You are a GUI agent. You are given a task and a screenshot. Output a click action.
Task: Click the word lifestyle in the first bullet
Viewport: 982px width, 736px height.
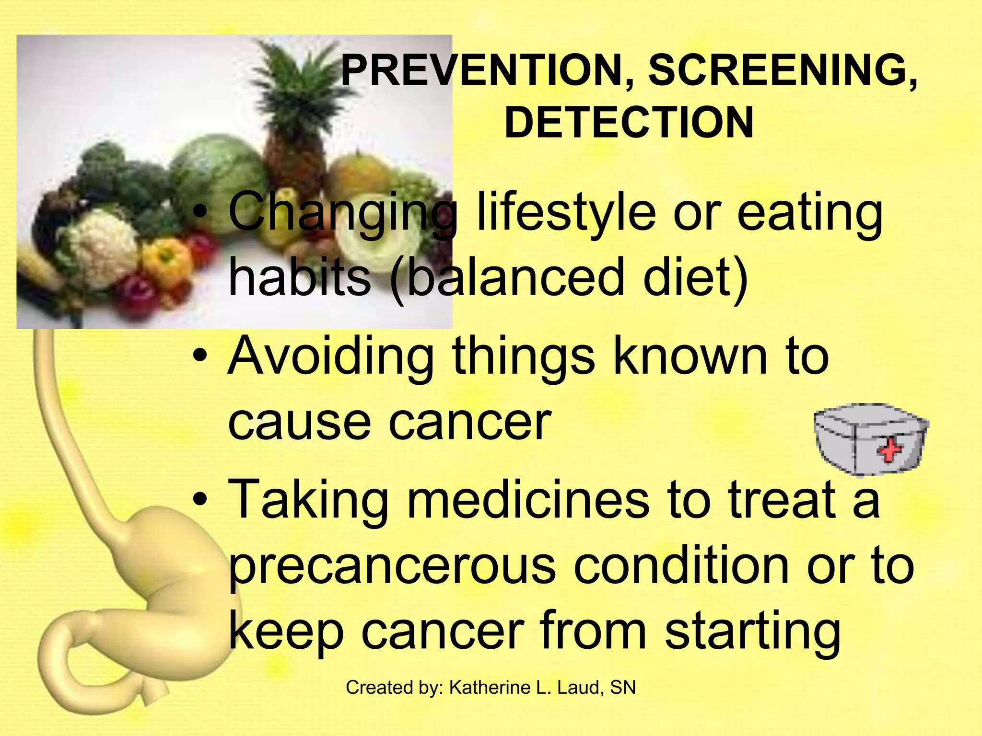566,214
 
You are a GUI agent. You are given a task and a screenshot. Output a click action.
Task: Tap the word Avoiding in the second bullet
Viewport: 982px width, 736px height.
331,357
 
